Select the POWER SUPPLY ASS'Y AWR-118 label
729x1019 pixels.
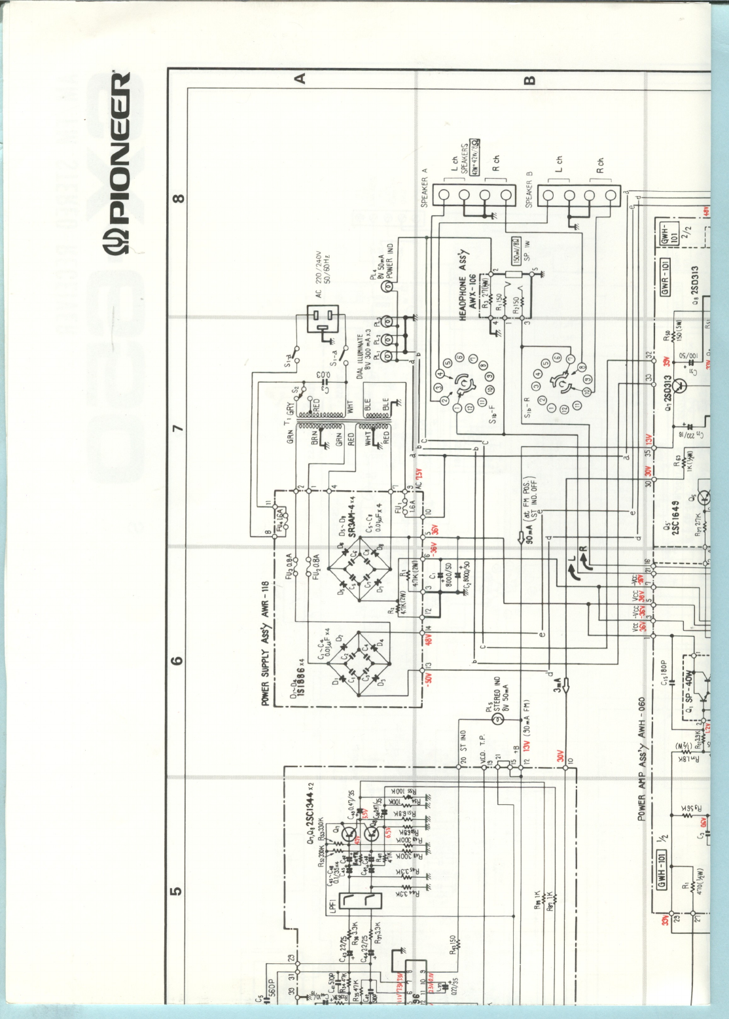[266, 643]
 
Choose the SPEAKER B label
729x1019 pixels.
[529, 190]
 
